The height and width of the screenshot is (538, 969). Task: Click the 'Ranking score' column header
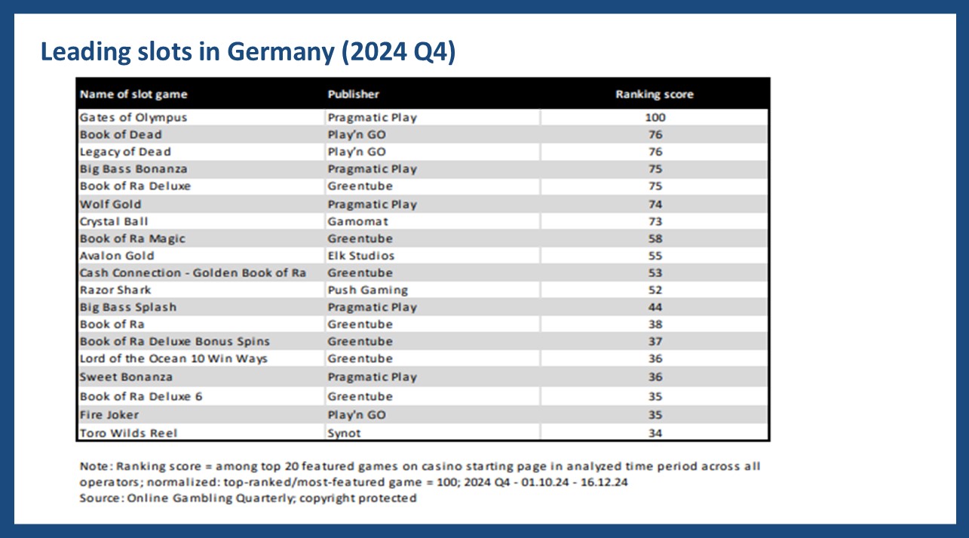point(654,94)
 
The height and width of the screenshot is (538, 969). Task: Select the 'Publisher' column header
point(353,94)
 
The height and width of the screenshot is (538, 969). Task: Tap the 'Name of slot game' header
point(133,94)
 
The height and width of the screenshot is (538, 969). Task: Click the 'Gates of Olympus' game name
point(133,118)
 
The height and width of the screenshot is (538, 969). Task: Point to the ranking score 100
point(655,118)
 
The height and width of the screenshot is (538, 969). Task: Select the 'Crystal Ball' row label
point(114,222)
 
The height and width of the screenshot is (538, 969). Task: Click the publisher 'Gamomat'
point(357,222)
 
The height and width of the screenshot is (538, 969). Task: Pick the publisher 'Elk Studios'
point(360,256)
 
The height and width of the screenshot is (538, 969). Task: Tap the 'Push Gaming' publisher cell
point(368,291)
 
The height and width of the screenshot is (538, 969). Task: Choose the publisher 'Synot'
point(344,433)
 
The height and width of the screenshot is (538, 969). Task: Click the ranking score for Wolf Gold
point(655,204)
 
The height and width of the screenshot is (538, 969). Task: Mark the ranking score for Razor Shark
point(655,291)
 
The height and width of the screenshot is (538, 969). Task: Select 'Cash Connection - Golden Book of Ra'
point(193,273)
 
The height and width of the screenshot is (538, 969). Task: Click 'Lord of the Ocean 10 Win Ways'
point(173,359)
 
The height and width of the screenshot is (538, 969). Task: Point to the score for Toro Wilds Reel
point(655,433)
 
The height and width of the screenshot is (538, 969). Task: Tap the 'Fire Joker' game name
point(109,415)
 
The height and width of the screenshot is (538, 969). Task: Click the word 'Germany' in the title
point(281,52)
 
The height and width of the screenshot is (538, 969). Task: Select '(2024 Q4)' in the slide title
point(398,52)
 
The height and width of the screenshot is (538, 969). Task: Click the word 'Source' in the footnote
point(100,498)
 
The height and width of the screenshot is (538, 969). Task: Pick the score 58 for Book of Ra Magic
point(655,239)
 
